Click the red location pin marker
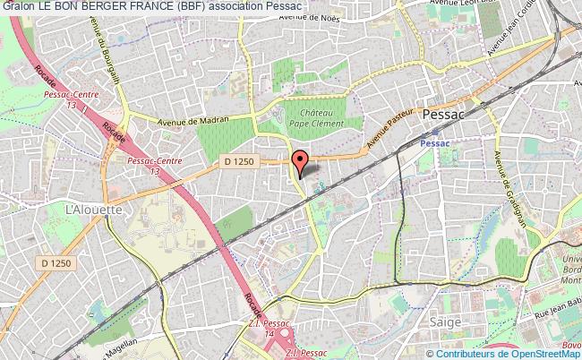click(300, 162)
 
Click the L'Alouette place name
click(86, 209)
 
